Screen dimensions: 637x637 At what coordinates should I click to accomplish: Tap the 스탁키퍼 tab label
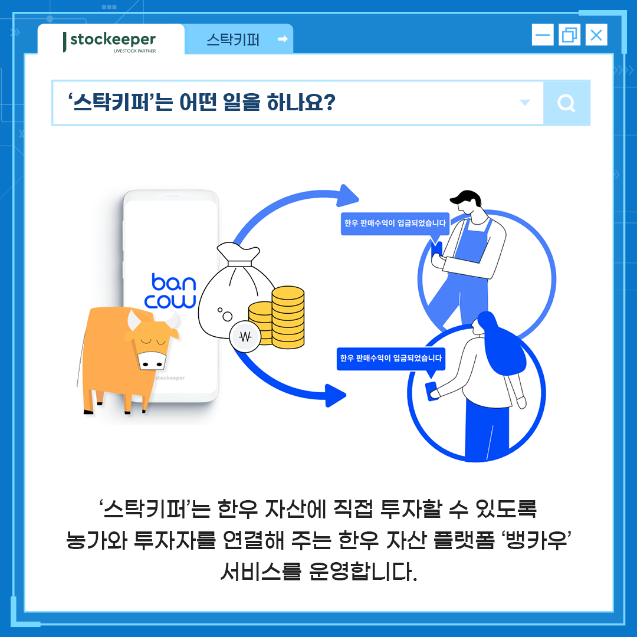pyautogui.click(x=233, y=40)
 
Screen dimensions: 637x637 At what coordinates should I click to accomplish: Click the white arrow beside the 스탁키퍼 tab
pyautogui.click(x=283, y=39)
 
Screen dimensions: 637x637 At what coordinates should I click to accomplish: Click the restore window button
pyautogui.click(x=569, y=35)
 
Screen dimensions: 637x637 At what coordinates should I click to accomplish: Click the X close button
pyautogui.click(x=596, y=35)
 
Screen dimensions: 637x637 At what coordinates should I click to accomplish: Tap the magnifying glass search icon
pyautogui.click(x=566, y=103)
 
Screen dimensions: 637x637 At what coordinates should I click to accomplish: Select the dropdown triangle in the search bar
pyautogui.click(x=524, y=103)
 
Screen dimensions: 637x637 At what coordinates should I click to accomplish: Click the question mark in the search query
pyautogui.click(x=329, y=103)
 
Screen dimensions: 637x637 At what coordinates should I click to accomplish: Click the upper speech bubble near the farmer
pyautogui.click(x=395, y=224)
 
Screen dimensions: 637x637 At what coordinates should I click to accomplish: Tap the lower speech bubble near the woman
pyautogui.click(x=390, y=358)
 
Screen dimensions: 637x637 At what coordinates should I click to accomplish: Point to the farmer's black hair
pyautogui.click(x=465, y=198)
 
